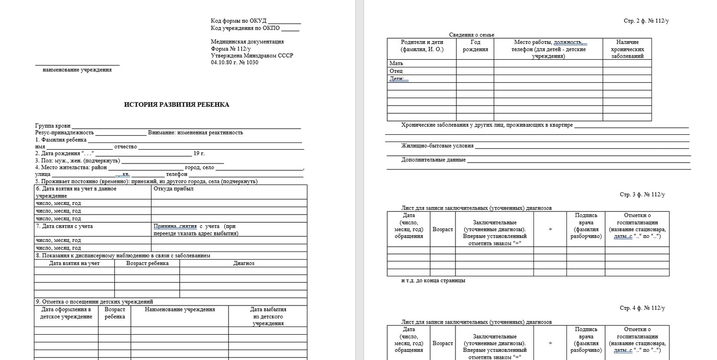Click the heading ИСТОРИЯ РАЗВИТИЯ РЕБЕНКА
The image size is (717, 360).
(176, 105)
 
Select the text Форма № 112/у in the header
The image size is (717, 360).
(231, 49)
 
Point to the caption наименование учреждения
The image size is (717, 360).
(77, 70)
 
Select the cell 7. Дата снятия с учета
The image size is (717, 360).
(65, 226)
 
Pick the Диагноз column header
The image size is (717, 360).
(244, 263)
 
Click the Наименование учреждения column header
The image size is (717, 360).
(180, 309)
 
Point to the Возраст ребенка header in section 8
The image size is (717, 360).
(147, 263)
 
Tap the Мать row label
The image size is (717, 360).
(396, 63)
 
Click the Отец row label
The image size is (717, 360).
(396, 71)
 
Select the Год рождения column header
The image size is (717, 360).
(475, 45)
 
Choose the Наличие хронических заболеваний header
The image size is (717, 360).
(627, 49)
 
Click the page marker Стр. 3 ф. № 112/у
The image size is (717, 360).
(642, 195)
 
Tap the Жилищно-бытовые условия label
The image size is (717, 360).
(437, 146)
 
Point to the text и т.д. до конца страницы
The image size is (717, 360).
(433, 281)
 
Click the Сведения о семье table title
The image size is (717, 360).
(472, 35)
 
